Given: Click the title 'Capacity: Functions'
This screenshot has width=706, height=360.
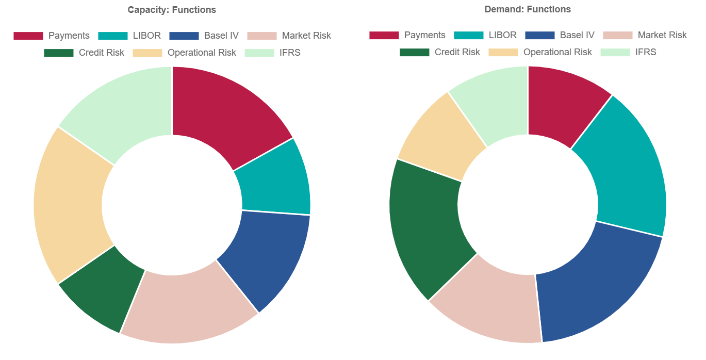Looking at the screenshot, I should click(x=172, y=10).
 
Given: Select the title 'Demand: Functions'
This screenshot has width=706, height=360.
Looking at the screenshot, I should click(x=528, y=9).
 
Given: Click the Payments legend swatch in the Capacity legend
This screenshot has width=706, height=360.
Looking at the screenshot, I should click(x=28, y=36).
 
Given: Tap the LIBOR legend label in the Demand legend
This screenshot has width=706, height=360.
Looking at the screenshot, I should click(x=502, y=35).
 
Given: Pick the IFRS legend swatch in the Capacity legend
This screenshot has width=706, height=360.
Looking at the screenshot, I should click(x=259, y=53).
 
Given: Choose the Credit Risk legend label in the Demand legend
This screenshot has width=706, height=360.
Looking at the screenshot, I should click(x=457, y=52).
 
